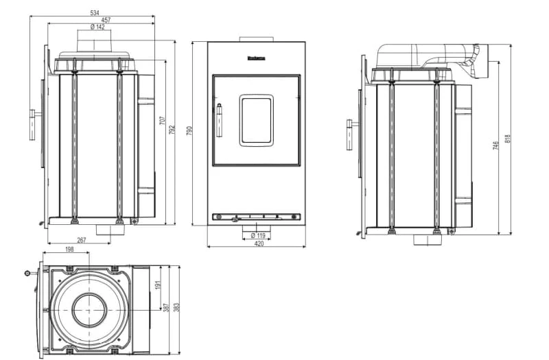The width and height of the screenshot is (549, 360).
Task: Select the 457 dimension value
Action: (106, 20)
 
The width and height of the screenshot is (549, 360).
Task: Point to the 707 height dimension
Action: (163, 121)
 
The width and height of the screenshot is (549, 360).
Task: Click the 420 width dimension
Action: (259, 244)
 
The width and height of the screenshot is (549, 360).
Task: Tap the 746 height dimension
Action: (495, 145)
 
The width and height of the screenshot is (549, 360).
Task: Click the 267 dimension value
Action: (80, 240)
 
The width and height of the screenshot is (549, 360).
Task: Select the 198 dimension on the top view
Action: (69, 250)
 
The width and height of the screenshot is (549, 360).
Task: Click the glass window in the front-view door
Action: (256, 120)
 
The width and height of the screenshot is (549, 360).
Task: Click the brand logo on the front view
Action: (256, 58)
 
